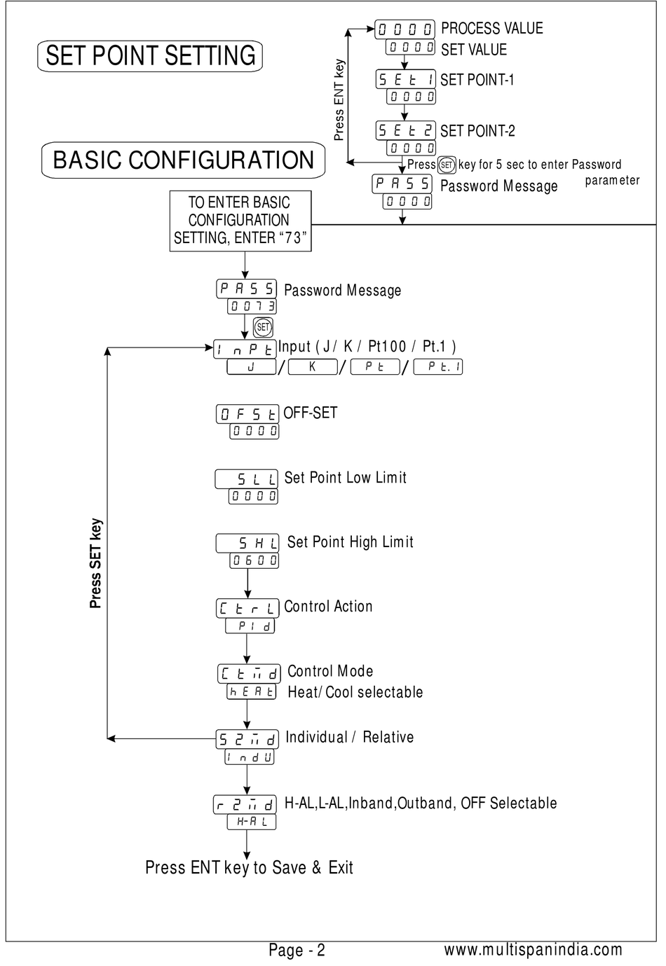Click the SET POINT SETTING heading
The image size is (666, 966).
(150, 55)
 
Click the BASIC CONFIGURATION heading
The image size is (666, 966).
(183, 160)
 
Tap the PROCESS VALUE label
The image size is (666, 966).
(491, 29)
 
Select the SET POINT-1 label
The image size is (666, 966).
(477, 80)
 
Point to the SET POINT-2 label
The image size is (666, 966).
(477, 131)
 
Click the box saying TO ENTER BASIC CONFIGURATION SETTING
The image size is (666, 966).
(240, 221)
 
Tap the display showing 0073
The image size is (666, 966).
(252, 306)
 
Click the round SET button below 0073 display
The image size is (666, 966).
(263, 327)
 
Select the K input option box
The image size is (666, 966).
(313, 366)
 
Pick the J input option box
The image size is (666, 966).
(251, 366)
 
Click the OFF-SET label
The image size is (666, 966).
(310, 413)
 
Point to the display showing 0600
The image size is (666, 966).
(254, 560)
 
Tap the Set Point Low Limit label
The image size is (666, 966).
(346, 477)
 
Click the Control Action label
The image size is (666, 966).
(328, 607)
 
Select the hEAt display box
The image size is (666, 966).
(251, 691)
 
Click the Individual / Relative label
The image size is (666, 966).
(350, 737)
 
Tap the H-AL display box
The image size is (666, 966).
(251, 822)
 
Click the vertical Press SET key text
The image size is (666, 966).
(95, 563)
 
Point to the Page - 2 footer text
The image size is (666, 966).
(297, 950)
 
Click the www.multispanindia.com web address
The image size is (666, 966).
(533, 949)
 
